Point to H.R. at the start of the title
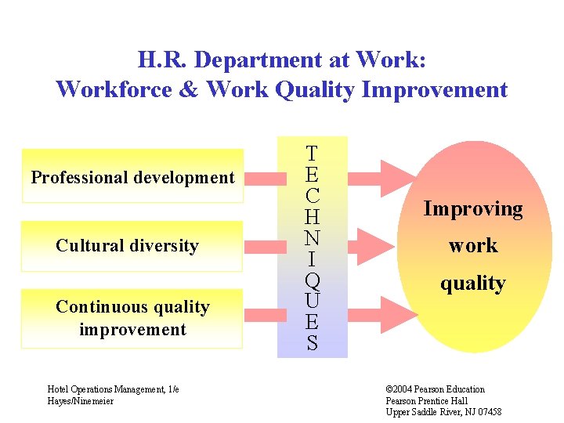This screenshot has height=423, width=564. point(164,60)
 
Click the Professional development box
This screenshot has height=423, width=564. point(132,176)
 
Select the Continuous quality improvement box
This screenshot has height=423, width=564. point(132,318)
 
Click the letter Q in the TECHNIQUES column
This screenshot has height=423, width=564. point(312,280)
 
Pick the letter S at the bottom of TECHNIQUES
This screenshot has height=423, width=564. point(312,343)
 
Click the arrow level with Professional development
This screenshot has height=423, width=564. point(380,172)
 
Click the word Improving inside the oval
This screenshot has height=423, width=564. point(472,209)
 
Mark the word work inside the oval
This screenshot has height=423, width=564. point(472,246)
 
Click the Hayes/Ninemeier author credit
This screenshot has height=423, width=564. point(81,401)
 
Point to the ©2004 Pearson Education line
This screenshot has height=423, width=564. point(435,389)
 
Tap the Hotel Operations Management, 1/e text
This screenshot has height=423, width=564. point(113,389)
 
